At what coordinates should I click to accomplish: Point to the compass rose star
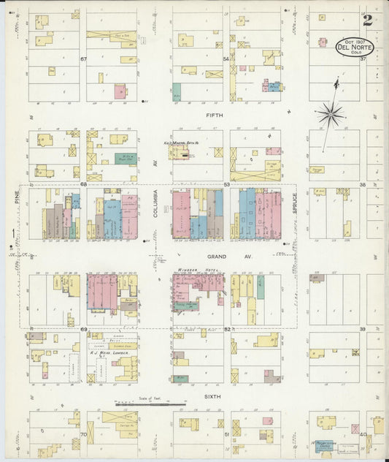click(x=331, y=113)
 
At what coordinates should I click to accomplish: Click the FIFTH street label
click(x=215, y=115)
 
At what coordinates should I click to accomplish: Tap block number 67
click(x=83, y=58)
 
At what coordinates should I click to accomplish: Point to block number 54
click(x=226, y=58)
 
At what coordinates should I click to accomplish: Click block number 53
click(x=227, y=184)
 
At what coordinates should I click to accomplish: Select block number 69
click(x=83, y=330)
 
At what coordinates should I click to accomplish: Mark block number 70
click(x=83, y=434)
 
